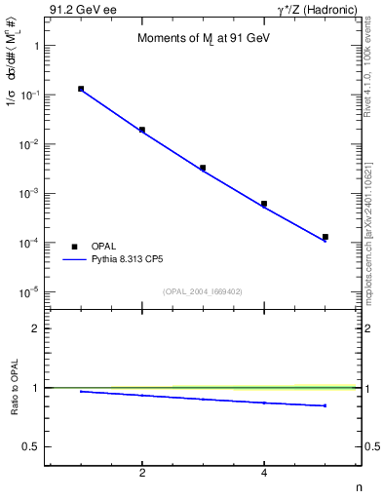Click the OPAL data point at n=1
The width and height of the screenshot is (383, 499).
[x=81, y=89]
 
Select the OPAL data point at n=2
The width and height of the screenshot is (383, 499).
[x=142, y=130]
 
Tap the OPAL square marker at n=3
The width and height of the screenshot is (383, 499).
[x=203, y=168]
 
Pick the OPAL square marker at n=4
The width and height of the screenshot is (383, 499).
[x=264, y=204]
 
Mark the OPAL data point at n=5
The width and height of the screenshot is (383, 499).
[x=326, y=237]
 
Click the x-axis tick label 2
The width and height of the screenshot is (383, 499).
[x=142, y=474]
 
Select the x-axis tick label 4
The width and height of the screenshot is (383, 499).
[x=264, y=474]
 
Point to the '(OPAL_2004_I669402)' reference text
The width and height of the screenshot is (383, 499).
[x=203, y=291]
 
